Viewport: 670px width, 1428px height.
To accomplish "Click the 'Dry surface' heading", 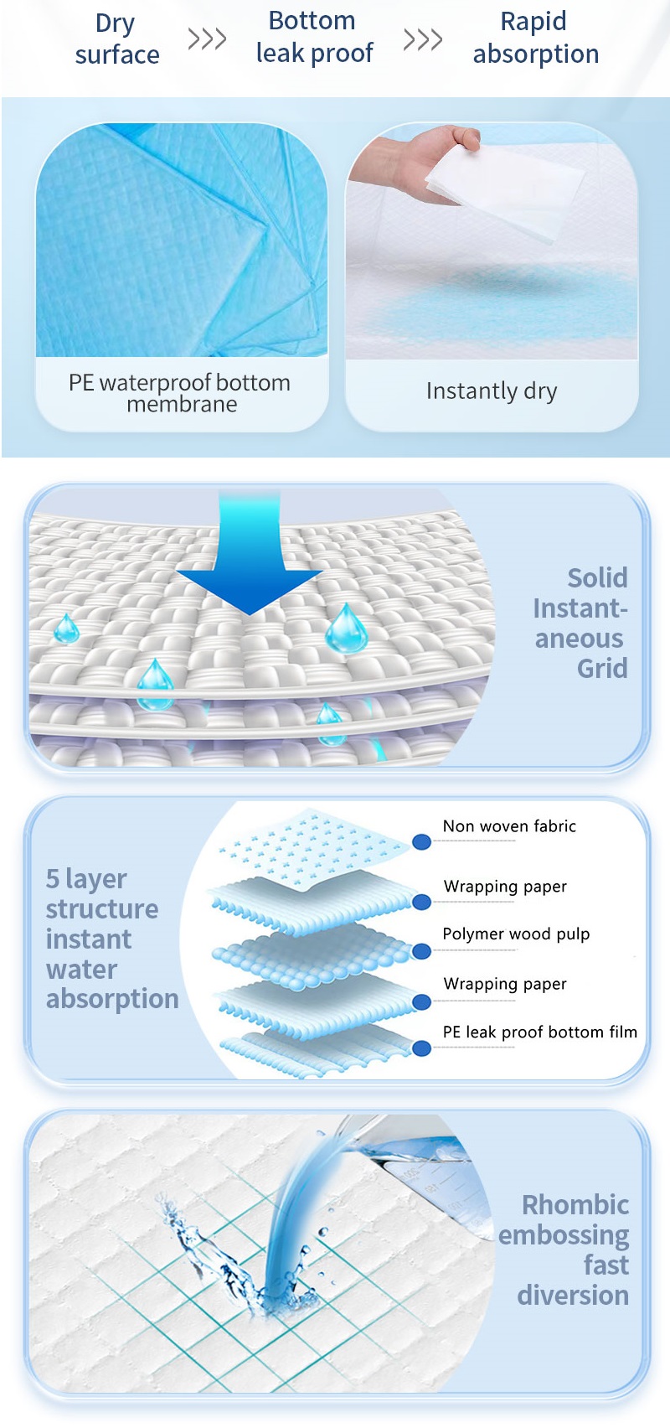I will [x=116, y=39].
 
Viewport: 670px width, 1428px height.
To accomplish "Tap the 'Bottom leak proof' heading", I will [x=314, y=37].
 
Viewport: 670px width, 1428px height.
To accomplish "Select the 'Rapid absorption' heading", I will [x=535, y=38].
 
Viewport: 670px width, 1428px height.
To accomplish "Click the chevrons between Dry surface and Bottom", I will [x=207, y=39].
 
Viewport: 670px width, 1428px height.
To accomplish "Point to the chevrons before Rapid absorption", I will [x=422, y=39].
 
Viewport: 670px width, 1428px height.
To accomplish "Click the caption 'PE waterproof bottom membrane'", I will [x=180, y=393].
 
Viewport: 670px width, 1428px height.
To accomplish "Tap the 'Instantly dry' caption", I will [x=492, y=391].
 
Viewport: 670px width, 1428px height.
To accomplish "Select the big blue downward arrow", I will [x=250, y=561].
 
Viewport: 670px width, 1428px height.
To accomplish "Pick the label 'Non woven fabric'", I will [x=509, y=826].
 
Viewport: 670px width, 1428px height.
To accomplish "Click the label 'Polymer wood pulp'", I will [x=516, y=934].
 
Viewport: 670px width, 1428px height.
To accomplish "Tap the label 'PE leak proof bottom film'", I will [x=539, y=1032].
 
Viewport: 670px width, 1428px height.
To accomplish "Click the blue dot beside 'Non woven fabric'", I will [x=422, y=841].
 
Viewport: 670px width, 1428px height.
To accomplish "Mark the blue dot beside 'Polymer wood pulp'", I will [x=422, y=951].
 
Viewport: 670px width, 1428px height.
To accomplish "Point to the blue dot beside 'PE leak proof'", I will [x=422, y=1048].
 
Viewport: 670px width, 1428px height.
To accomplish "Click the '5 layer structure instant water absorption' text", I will [x=111, y=939].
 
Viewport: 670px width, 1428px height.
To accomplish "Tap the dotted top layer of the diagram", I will [x=310, y=846].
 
